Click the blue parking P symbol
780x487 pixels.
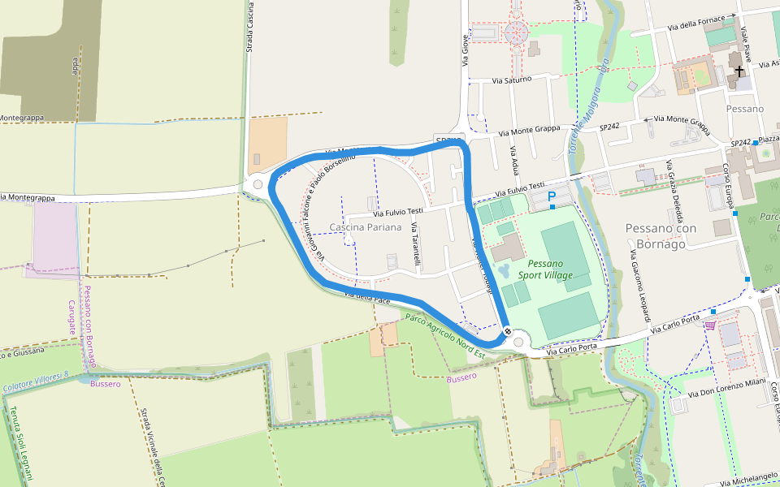[552, 196]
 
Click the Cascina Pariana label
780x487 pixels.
[366, 227]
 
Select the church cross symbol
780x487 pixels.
[739, 71]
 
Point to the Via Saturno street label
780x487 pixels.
[512, 80]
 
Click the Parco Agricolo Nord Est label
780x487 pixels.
[445, 335]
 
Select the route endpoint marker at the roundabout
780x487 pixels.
[507, 331]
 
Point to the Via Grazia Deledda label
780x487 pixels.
[674, 192]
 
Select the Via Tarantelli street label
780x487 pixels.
[416, 244]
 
